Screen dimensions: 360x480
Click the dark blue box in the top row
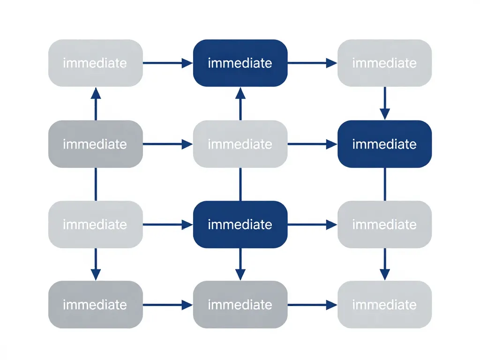[240, 63]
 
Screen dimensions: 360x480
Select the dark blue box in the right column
[384, 144]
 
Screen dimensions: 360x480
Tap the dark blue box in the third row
[240, 225]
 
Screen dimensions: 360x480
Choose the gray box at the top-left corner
[96, 63]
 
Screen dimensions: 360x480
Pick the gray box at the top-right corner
[384, 63]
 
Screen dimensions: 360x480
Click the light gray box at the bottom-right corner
[384, 305]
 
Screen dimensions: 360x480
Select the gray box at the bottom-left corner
[96, 305]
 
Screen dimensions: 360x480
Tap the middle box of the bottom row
[240, 305]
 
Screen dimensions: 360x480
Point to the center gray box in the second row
[240, 144]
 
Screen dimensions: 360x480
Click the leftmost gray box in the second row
[96, 144]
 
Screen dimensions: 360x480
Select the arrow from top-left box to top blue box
[168, 63]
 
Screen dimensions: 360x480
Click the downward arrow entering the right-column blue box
[384, 103]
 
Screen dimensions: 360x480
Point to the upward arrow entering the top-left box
[96, 104]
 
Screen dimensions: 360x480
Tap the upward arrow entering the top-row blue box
[240, 104]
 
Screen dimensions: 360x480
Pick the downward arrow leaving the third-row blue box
[240, 264]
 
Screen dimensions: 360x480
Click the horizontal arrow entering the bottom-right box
[312, 305]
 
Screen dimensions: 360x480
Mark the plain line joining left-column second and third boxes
[96, 184]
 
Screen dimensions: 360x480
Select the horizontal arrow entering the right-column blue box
[312, 144]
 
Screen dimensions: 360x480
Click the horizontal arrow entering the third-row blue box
[168, 225]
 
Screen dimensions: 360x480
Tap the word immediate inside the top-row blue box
[240, 63]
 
